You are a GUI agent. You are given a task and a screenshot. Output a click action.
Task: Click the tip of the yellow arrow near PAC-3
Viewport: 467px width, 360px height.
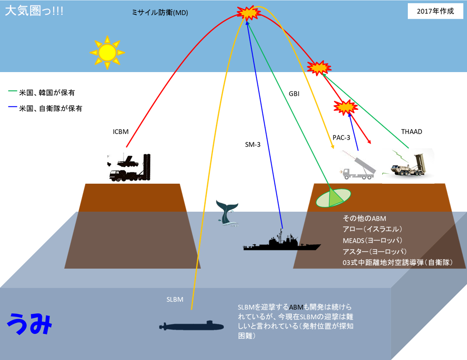point(333,148)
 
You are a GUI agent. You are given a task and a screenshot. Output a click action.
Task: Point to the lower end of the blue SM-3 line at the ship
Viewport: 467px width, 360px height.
point(282,228)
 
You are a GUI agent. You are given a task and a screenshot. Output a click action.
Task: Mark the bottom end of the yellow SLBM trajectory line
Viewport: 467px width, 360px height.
point(191,309)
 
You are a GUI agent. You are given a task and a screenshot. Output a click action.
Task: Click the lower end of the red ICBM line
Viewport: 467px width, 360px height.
point(126,147)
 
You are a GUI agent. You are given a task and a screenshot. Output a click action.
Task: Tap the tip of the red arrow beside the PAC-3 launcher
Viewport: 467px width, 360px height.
point(371,144)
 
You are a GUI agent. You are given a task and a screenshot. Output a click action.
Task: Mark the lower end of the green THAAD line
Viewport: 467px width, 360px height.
point(409,148)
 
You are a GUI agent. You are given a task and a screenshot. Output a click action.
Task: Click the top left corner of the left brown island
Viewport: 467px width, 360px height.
point(85,184)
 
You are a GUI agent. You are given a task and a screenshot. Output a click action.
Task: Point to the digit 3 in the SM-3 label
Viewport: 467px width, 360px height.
point(258,145)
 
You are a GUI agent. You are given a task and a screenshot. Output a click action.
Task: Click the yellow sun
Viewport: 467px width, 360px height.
point(107,52)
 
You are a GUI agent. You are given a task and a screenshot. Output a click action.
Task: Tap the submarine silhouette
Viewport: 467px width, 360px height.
point(191,326)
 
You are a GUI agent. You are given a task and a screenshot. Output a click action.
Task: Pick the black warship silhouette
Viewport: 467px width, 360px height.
point(282,242)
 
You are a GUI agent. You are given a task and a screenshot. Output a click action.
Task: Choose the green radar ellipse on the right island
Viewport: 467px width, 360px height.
point(333,198)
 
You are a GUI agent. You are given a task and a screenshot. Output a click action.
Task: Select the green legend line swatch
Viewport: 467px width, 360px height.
point(12,91)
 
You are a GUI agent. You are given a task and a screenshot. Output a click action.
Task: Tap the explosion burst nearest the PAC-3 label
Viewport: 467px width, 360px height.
point(345,107)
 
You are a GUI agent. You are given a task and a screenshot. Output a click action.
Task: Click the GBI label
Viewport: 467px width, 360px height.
point(294,94)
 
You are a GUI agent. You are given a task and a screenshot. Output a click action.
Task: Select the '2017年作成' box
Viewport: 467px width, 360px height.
point(435,11)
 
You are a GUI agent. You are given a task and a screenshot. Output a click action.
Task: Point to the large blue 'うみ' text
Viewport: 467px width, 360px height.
point(30,324)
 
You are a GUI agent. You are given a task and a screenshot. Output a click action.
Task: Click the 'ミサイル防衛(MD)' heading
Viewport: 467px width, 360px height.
point(160,12)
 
